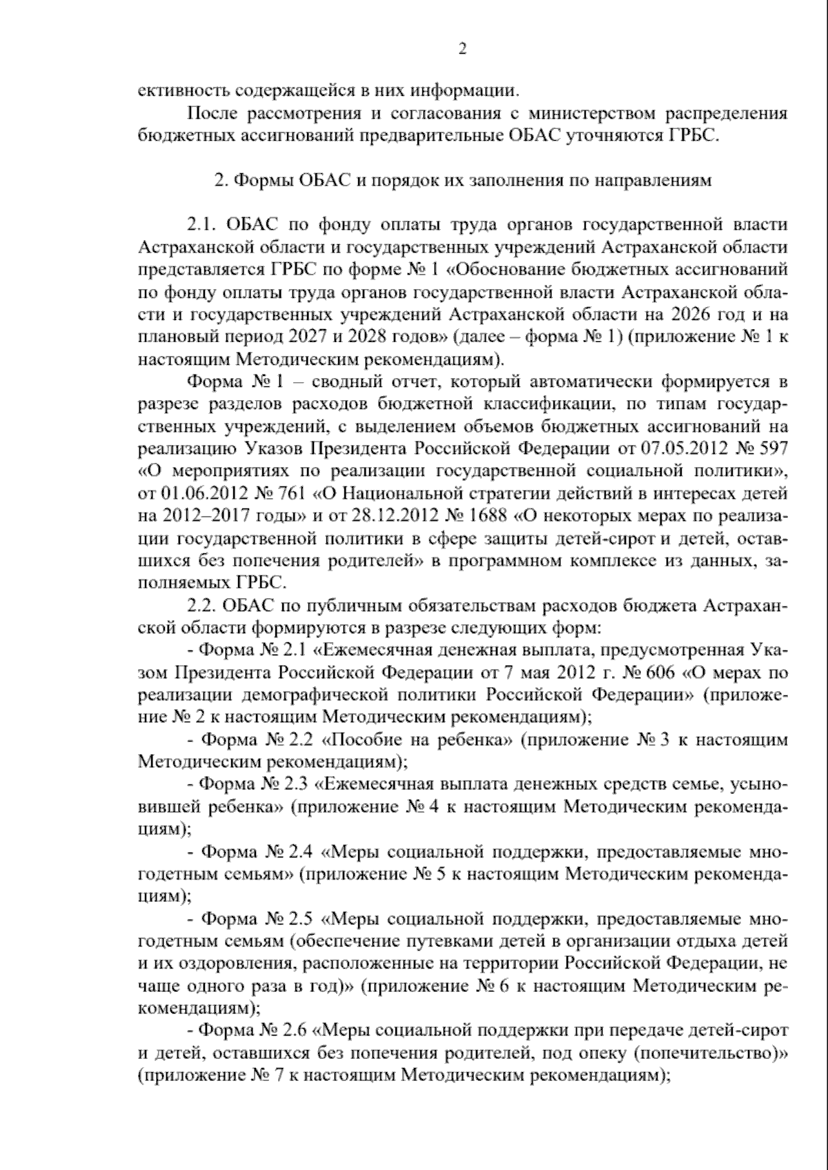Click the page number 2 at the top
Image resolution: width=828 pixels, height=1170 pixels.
[463, 49]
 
